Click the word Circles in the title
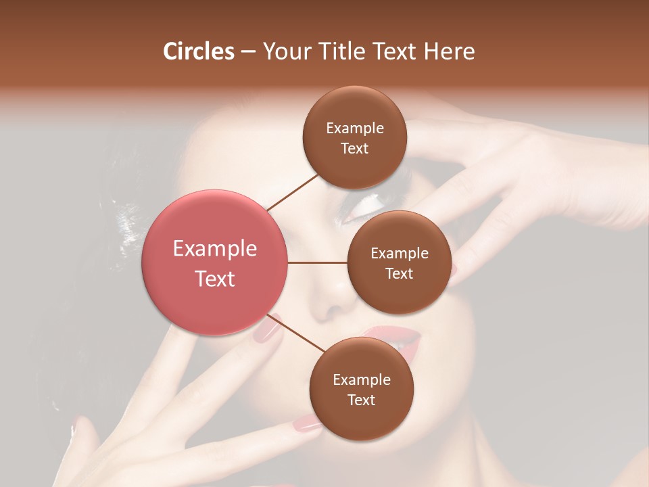pos(199,51)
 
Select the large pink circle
pos(214,262)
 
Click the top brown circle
pos(354,137)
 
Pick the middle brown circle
pos(399,262)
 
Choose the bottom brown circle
pos(361,389)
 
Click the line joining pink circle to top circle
pos(292,192)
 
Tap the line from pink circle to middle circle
pos(317,262)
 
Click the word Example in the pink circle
pos(214,249)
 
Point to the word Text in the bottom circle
pos(361,400)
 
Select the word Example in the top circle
pos(354,128)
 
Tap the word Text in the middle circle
pos(399,273)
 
